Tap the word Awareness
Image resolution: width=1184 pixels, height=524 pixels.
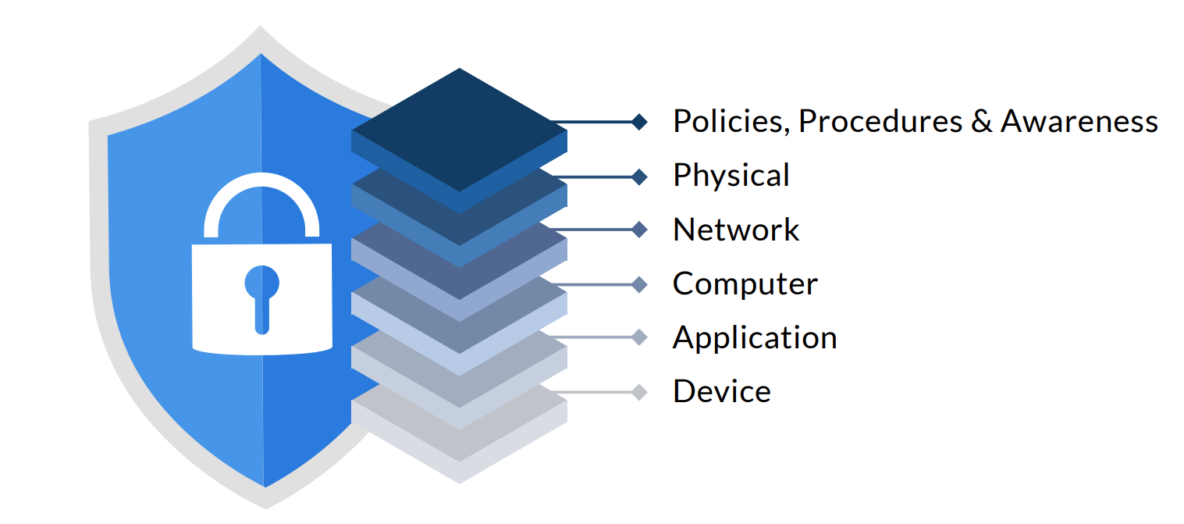pyautogui.click(x=1079, y=122)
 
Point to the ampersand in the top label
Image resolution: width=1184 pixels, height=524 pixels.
pyautogui.click(x=981, y=122)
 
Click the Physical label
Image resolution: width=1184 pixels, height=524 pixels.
pyautogui.click(x=731, y=176)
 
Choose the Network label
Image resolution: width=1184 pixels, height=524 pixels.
pyautogui.click(x=736, y=230)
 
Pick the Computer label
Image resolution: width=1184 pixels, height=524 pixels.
pyautogui.click(x=745, y=283)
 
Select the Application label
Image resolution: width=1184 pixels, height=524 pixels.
pyautogui.click(x=755, y=338)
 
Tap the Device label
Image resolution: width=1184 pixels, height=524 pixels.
pyautogui.click(x=722, y=391)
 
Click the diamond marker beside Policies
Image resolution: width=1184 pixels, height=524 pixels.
pyautogui.click(x=639, y=122)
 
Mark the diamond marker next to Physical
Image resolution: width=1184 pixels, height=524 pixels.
pyautogui.click(x=639, y=176)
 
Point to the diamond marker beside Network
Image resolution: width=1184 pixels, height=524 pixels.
pyautogui.click(x=639, y=230)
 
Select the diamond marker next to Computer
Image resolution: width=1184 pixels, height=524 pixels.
pyautogui.click(x=639, y=284)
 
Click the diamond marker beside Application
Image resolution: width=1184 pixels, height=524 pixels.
pyautogui.click(x=639, y=337)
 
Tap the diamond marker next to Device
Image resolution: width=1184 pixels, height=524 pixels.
pyautogui.click(x=639, y=392)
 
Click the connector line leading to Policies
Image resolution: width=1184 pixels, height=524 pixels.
pyautogui.click(x=593, y=122)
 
